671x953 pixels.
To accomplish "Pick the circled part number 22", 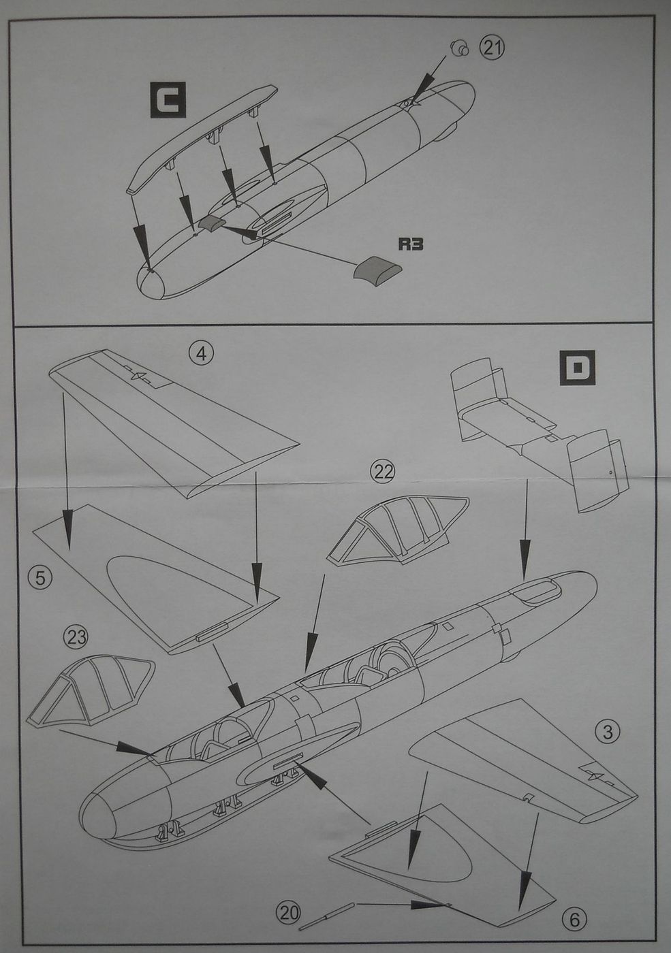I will click(x=382, y=471).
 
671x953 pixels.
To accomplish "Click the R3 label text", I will click(x=410, y=244).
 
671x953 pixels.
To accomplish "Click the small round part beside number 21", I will click(x=458, y=48).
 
